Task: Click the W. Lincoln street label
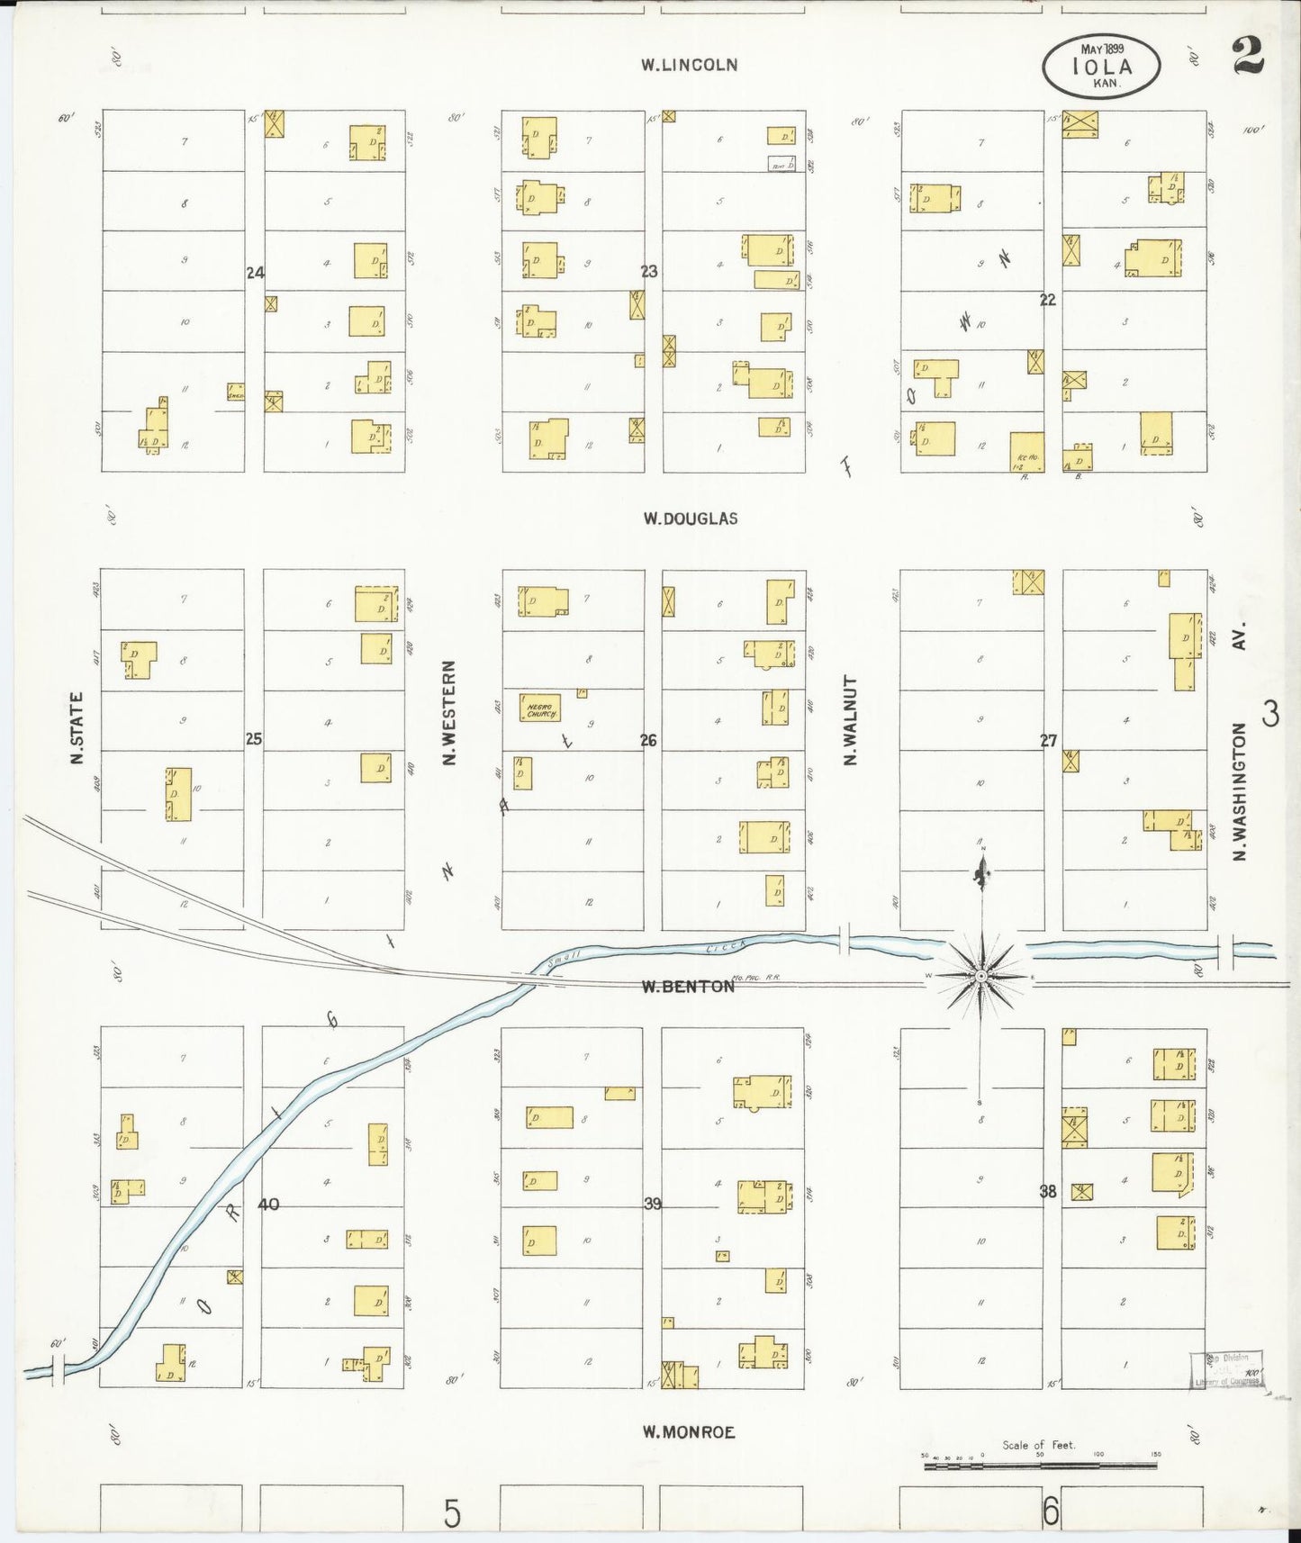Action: [x=689, y=65]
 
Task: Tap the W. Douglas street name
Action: [x=691, y=519]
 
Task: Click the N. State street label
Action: [x=77, y=727]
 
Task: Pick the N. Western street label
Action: [x=449, y=713]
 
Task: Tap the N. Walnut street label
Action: [x=849, y=720]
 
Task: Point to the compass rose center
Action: [x=981, y=976]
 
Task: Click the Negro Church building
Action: [x=539, y=708]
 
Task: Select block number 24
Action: [x=255, y=272]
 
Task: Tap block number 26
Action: [x=648, y=741]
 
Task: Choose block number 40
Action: [x=268, y=1205]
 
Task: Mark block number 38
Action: [x=1047, y=1192]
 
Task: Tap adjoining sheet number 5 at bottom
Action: [x=451, y=1513]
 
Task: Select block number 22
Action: [x=1047, y=300]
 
